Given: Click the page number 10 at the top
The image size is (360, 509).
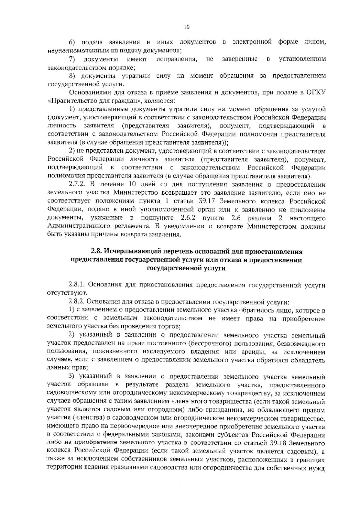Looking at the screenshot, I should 187,27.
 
